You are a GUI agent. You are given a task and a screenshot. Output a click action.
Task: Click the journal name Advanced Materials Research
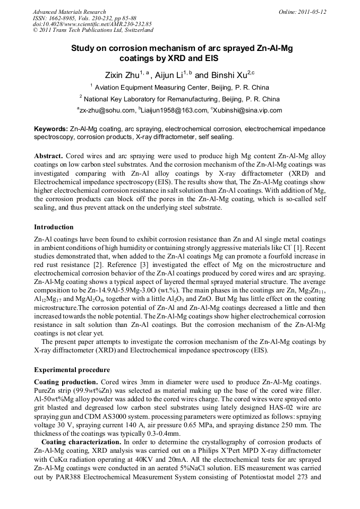click(69, 12)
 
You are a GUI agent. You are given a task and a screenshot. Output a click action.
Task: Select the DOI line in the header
click(92, 24)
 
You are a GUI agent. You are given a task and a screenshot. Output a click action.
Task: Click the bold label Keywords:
click(51, 129)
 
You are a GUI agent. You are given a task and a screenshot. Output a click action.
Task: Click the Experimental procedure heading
click(72, 369)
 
